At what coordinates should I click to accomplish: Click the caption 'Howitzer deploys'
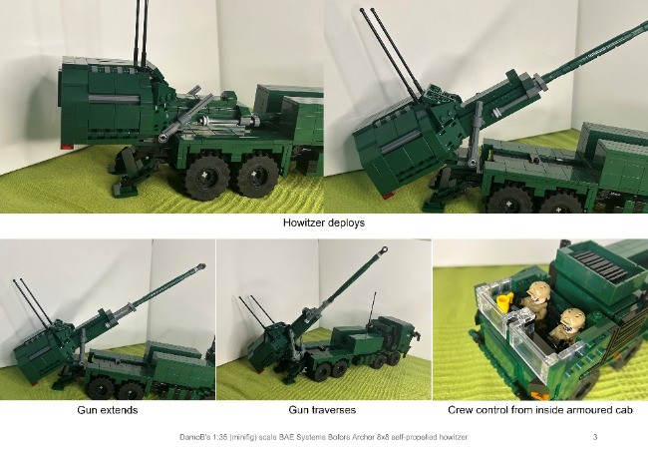pyautogui.click(x=324, y=224)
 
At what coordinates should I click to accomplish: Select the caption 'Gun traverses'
pyautogui.click(x=322, y=410)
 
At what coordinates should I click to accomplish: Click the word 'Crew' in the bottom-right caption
pyautogui.click(x=464, y=410)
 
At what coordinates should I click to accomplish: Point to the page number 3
pyautogui.click(x=594, y=437)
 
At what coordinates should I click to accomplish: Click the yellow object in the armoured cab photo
pyautogui.click(x=504, y=299)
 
